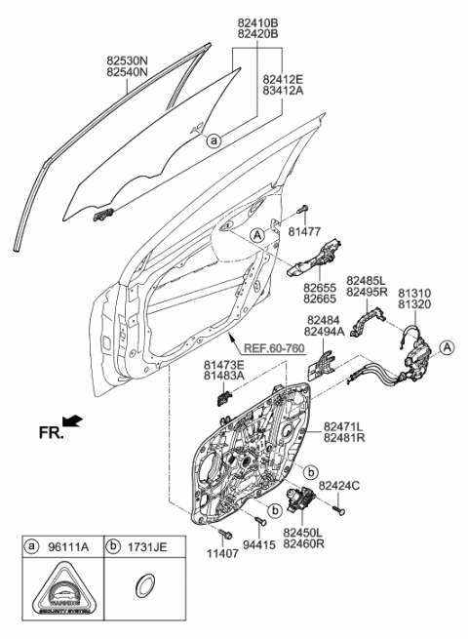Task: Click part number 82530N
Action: click(x=127, y=59)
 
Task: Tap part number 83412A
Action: click(x=285, y=90)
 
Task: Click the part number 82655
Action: click(x=320, y=288)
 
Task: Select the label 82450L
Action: click(x=302, y=532)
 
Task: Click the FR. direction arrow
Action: click(x=73, y=420)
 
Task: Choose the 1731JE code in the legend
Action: click(x=150, y=546)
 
